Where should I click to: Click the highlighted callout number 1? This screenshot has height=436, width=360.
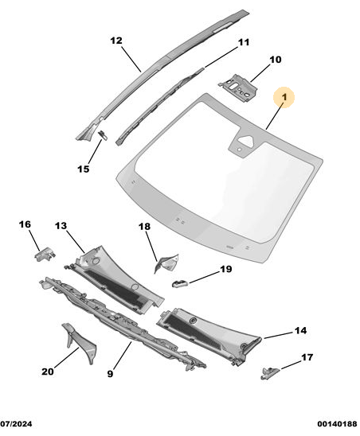pyautogui.click(x=284, y=97)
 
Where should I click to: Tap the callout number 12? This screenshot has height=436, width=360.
pyautogui.click(x=116, y=41)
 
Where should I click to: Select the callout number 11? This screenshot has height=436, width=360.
pyautogui.click(x=244, y=42)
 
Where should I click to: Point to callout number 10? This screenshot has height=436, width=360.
pyautogui.click(x=276, y=60)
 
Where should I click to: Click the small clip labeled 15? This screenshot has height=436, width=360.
pyautogui.click(x=103, y=135)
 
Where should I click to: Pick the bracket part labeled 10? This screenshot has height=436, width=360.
pyautogui.click(x=237, y=87)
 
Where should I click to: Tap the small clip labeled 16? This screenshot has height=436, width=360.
pyautogui.click(x=45, y=254)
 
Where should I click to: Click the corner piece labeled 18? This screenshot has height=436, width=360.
pyautogui.click(x=166, y=263)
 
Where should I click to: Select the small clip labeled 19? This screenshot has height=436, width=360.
pyautogui.click(x=180, y=283)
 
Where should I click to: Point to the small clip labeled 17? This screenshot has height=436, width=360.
pyautogui.click(x=269, y=372)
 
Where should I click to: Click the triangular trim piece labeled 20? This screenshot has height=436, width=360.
pyautogui.click(x=80, y=343)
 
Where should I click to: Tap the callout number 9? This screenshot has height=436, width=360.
pyautogui.click(x=110, y=374)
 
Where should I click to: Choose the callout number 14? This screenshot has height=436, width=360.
pyautogui.click(x=301, y=331)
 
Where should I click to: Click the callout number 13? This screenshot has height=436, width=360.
pyautogui.click(x=61, y=225)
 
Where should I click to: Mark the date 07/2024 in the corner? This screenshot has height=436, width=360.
pyautogui.click(x=16, y=424)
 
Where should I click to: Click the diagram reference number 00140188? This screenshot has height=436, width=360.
pyautogui.click(x=337, y=424)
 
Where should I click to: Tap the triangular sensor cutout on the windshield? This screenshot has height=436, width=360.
pyautogui.click(x=246, y=140)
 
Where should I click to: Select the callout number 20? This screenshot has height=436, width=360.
pyautogui.click(x=48, y=372)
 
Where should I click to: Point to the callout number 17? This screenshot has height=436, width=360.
pyautogui.click(x=307, y=357)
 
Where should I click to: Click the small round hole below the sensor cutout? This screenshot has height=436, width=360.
pyautogui.click(x=239, y=150)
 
